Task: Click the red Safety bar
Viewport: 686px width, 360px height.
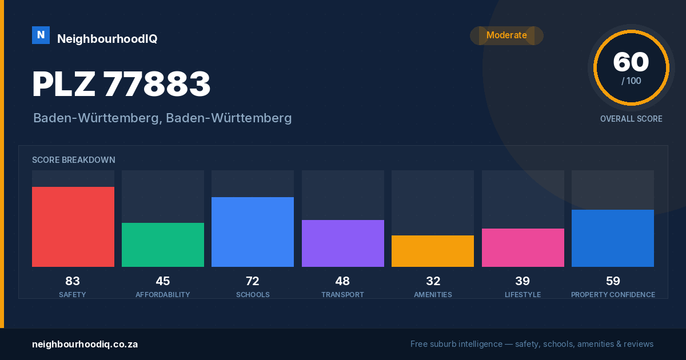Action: click(73, 227)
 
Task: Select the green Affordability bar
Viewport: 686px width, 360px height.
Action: click(163, 245)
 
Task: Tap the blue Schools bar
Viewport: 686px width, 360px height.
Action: click(253, 232)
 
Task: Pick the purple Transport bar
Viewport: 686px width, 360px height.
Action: click(343, 243)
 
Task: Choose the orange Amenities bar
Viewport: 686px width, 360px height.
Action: click(433, 251)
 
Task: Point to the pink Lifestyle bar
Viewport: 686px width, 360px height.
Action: click(523, 247)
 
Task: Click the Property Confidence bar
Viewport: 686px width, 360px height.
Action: click(613, 238)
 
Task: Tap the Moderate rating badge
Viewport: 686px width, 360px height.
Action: click(507, 35)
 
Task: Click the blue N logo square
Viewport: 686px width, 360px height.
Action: click(41, 35)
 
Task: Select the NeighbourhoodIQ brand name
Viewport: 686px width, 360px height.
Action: click(107, 39)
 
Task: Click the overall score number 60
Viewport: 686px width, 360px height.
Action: click(631, 62)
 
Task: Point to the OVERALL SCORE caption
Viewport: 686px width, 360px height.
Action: click(631, 119)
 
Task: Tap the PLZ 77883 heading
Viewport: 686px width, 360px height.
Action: click(121, 84)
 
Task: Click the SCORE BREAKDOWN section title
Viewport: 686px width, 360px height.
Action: click(74, 160)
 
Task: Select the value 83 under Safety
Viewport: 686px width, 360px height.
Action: click(73, 281)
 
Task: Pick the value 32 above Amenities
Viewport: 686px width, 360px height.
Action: click(433, 281)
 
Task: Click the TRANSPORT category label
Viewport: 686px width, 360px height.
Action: click(342, 294)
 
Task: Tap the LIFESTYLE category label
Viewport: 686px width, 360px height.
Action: click(523, 294)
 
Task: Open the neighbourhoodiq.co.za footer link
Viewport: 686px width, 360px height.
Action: click(85, 345)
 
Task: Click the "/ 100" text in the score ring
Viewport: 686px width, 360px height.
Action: click(631, 81)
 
